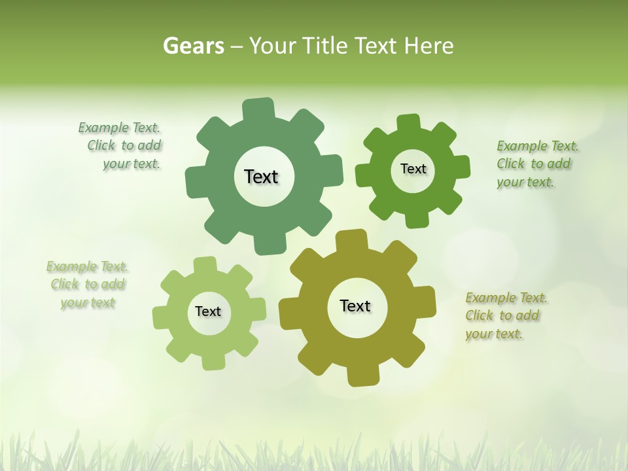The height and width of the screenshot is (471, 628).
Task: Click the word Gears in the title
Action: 192,46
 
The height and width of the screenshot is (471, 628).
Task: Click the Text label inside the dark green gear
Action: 261,177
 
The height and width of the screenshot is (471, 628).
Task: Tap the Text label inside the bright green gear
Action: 413,169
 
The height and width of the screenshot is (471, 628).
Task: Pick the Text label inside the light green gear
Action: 208,311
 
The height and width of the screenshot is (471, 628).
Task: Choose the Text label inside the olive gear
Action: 355,305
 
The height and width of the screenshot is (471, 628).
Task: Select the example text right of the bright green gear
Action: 536,164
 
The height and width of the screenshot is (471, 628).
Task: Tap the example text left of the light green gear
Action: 88,285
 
